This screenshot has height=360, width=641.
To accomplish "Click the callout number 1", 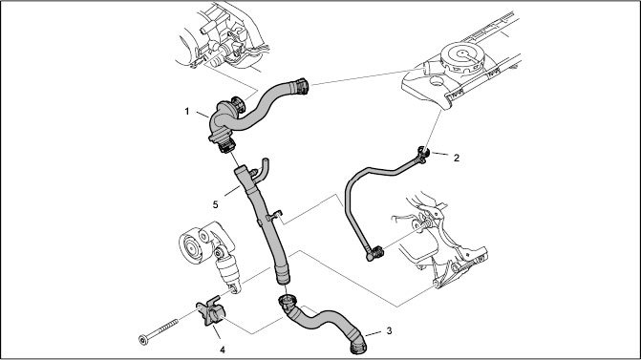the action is [187, 112].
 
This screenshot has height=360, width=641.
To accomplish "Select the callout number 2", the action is [457, 158].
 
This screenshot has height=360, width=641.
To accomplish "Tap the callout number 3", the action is [389, 330].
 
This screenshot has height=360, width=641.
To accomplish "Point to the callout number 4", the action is [223, 349].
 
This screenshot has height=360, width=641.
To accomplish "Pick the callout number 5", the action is [216, 204].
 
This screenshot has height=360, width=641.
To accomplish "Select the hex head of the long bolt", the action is [143, 340].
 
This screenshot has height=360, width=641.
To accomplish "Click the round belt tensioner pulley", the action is [192, 246].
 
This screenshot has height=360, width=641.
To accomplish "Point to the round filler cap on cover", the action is [462, 56].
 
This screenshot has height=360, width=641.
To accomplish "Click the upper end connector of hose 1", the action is [301, 86].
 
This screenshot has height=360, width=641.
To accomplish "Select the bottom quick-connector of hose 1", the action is [226, 145].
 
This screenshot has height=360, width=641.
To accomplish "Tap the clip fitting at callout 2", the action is [422, 156].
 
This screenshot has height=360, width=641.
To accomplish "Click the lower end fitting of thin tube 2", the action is [374, 253].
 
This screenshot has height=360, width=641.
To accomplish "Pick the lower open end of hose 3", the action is [358, 347].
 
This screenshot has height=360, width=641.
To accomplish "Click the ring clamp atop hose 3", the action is [287, 303].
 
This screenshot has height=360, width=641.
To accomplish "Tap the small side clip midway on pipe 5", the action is [274, 215].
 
